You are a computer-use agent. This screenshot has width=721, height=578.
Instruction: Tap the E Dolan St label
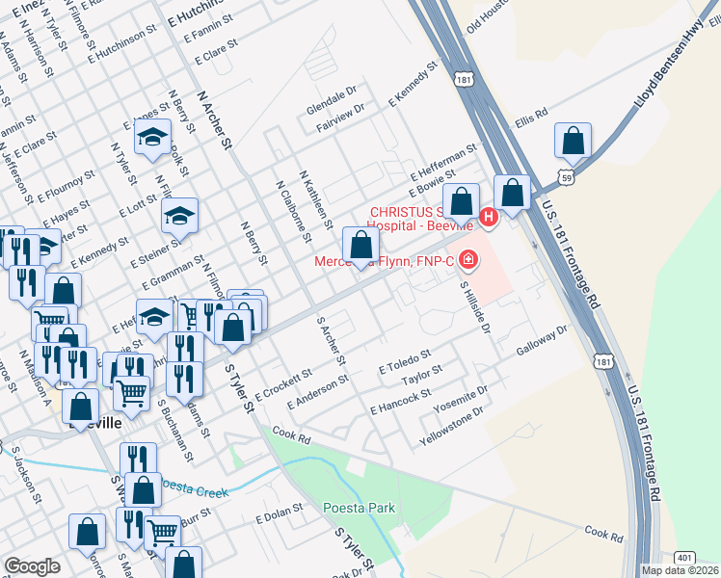(x=280, y=518)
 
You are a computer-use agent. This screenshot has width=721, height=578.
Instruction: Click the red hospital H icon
(x=489, y=219)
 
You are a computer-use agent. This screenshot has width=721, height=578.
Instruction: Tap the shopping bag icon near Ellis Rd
(x=573, y=142)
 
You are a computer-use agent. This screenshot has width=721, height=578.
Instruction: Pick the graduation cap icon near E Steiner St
(x=179, y=215)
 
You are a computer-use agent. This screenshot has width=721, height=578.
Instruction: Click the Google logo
(x=32, y=565)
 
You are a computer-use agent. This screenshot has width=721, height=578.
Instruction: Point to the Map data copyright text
(x=681, y=570)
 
